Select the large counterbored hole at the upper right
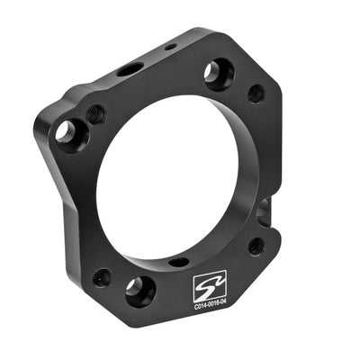coord(218,72)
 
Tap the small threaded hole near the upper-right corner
coord(256,92)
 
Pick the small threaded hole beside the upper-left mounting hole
coord(95,114)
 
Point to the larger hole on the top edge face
coord(130,68)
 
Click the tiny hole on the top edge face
coord(170,46)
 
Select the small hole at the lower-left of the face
coord(102,276)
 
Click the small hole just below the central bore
coord(179,262)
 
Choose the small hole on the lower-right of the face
coord(256,244)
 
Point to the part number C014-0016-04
coord(213,307)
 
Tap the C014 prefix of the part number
coord(200,308)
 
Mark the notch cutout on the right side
coord(263,211)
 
